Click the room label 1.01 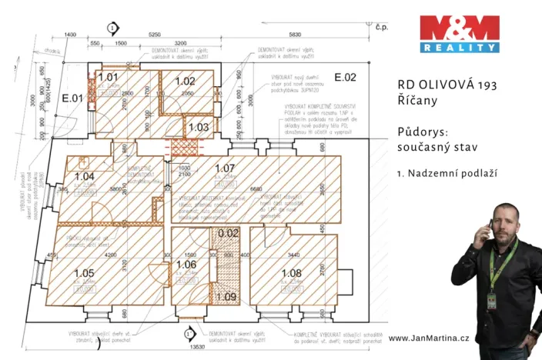click(109, 76)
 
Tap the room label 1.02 click(186, 81)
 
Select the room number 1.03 click(199, 127)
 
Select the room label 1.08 click(291, 272)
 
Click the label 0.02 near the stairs click(227, 232)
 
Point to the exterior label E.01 click(72, 98)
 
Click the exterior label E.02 click(345, 77)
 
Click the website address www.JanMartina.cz click(428, 338)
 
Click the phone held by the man click(490, 228)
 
